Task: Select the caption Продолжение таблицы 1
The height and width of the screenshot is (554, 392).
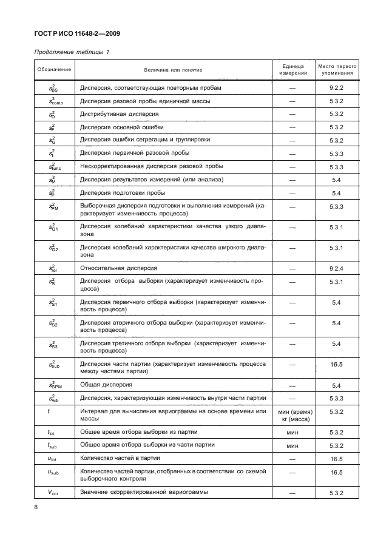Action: click(x=71, y=52)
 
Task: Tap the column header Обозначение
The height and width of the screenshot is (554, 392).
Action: click(x=54, y=69)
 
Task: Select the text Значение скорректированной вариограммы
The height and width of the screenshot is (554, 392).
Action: click(x=144, y=492)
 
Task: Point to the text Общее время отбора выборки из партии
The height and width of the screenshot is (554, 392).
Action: click(x=139, y=432)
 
